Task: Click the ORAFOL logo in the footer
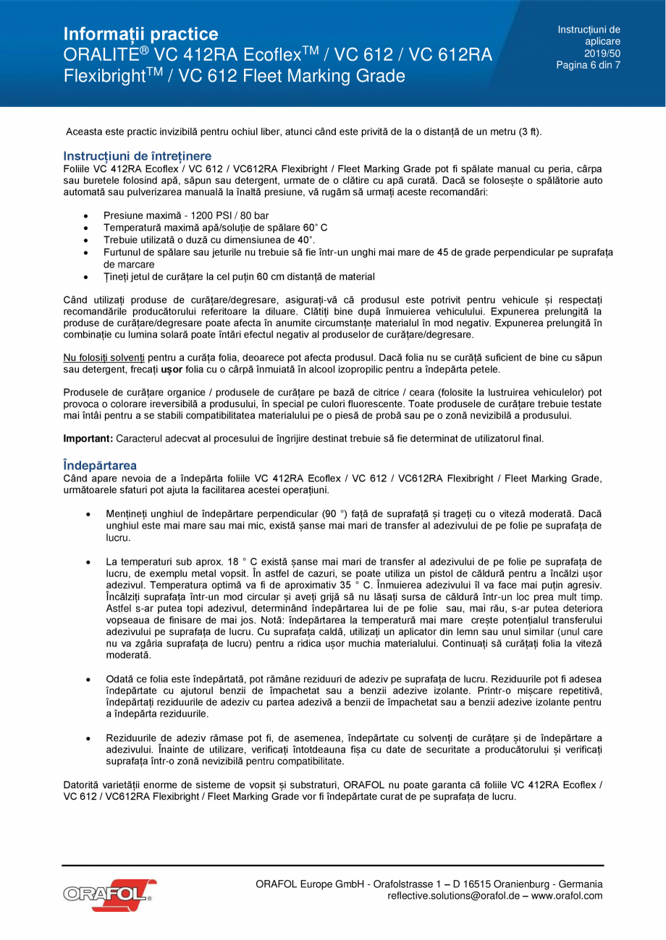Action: click(x=109, y=894)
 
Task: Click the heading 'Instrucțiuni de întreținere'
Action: click(x=137, y=156)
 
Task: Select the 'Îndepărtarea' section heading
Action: click(x=100, y=465)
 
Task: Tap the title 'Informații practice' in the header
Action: click(x=140, y=34)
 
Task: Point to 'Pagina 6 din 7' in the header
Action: click(x=588, y=65)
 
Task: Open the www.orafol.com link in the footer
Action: click(x=569, y=896)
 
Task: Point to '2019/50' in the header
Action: click(x=602, y=54)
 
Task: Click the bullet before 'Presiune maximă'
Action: click(x=87, y=216)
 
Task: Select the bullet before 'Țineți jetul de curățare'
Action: click(x=87, y=277)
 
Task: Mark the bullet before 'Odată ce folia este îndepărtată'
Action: click(x=87, y=680)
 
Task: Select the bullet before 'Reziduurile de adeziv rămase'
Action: click(x=87, y=738)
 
